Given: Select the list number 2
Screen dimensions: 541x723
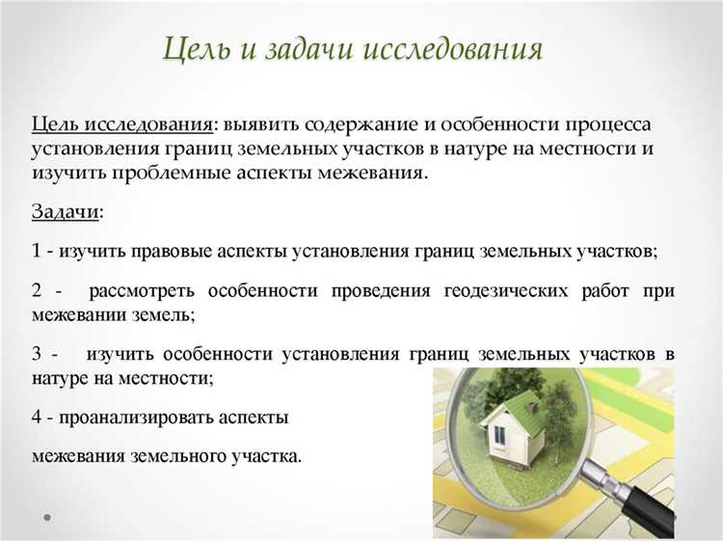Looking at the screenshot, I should pos(36,290).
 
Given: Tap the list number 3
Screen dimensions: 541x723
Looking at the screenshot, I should pos(36,354).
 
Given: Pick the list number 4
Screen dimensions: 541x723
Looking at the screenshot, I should pos(36,418).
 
